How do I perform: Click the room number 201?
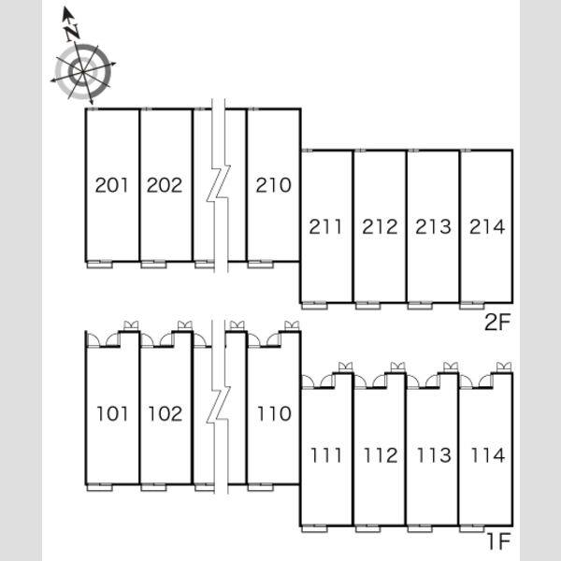111,185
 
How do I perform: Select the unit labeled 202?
165,185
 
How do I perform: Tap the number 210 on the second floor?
274,185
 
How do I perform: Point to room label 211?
325,227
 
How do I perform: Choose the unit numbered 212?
380,227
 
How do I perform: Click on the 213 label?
433,227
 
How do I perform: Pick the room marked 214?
487,227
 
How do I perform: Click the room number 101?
112,414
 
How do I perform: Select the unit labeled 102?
165,414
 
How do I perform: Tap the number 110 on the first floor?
274,414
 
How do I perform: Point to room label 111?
326,455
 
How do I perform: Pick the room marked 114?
488,455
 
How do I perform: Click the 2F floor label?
497,323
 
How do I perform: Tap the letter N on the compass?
73,33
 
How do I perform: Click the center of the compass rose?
83,72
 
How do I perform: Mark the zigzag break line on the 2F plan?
219,185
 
